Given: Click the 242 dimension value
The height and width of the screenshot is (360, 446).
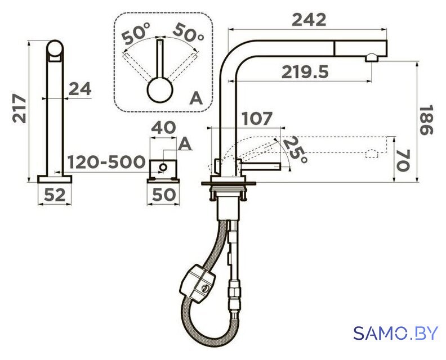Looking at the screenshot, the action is click(309, 20).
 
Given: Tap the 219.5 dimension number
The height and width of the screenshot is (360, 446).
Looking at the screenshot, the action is click(305, 72).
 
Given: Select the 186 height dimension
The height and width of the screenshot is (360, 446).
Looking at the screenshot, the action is click(426, 120).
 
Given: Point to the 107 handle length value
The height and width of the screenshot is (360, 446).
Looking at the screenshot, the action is click(257, 118).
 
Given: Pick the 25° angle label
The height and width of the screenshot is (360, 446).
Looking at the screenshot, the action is click(295, 150).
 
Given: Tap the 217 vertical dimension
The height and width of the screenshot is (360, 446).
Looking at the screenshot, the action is click(19, 108).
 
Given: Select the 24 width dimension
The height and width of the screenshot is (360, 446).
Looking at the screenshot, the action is click(80, 89).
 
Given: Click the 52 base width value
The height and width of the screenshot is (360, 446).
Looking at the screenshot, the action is click(55, 195).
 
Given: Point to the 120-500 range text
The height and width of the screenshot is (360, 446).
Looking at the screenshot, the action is click(106, 162).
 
